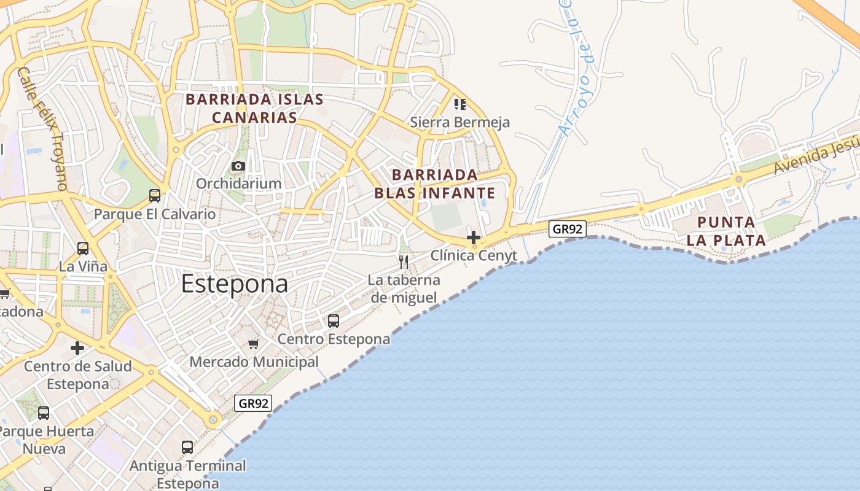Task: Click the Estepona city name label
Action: tap(234, 284)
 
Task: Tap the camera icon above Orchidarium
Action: tap(238, 166)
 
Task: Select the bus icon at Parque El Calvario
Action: tap(155, 196)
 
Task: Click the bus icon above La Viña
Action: tap(83, 249)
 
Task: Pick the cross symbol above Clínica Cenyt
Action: tap(473, 237)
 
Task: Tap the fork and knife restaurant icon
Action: tap(404, 262)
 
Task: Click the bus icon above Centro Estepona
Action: tap(334, 320)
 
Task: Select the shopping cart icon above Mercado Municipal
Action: tap(254, 344)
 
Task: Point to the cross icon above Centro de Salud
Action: tap(77, 348)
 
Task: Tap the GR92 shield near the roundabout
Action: tap(253, 403)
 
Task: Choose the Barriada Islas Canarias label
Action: tap(254, 108)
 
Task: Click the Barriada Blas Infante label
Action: tap(435, 184)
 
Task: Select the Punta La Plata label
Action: tap(726, 231)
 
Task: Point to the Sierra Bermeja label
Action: tap(459, 122)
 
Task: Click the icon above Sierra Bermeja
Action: tap(460, 104)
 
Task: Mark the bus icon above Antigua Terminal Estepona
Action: tap(187, 447)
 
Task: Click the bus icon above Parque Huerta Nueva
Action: tap(44, 413)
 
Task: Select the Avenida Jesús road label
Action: tap(815, 157)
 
